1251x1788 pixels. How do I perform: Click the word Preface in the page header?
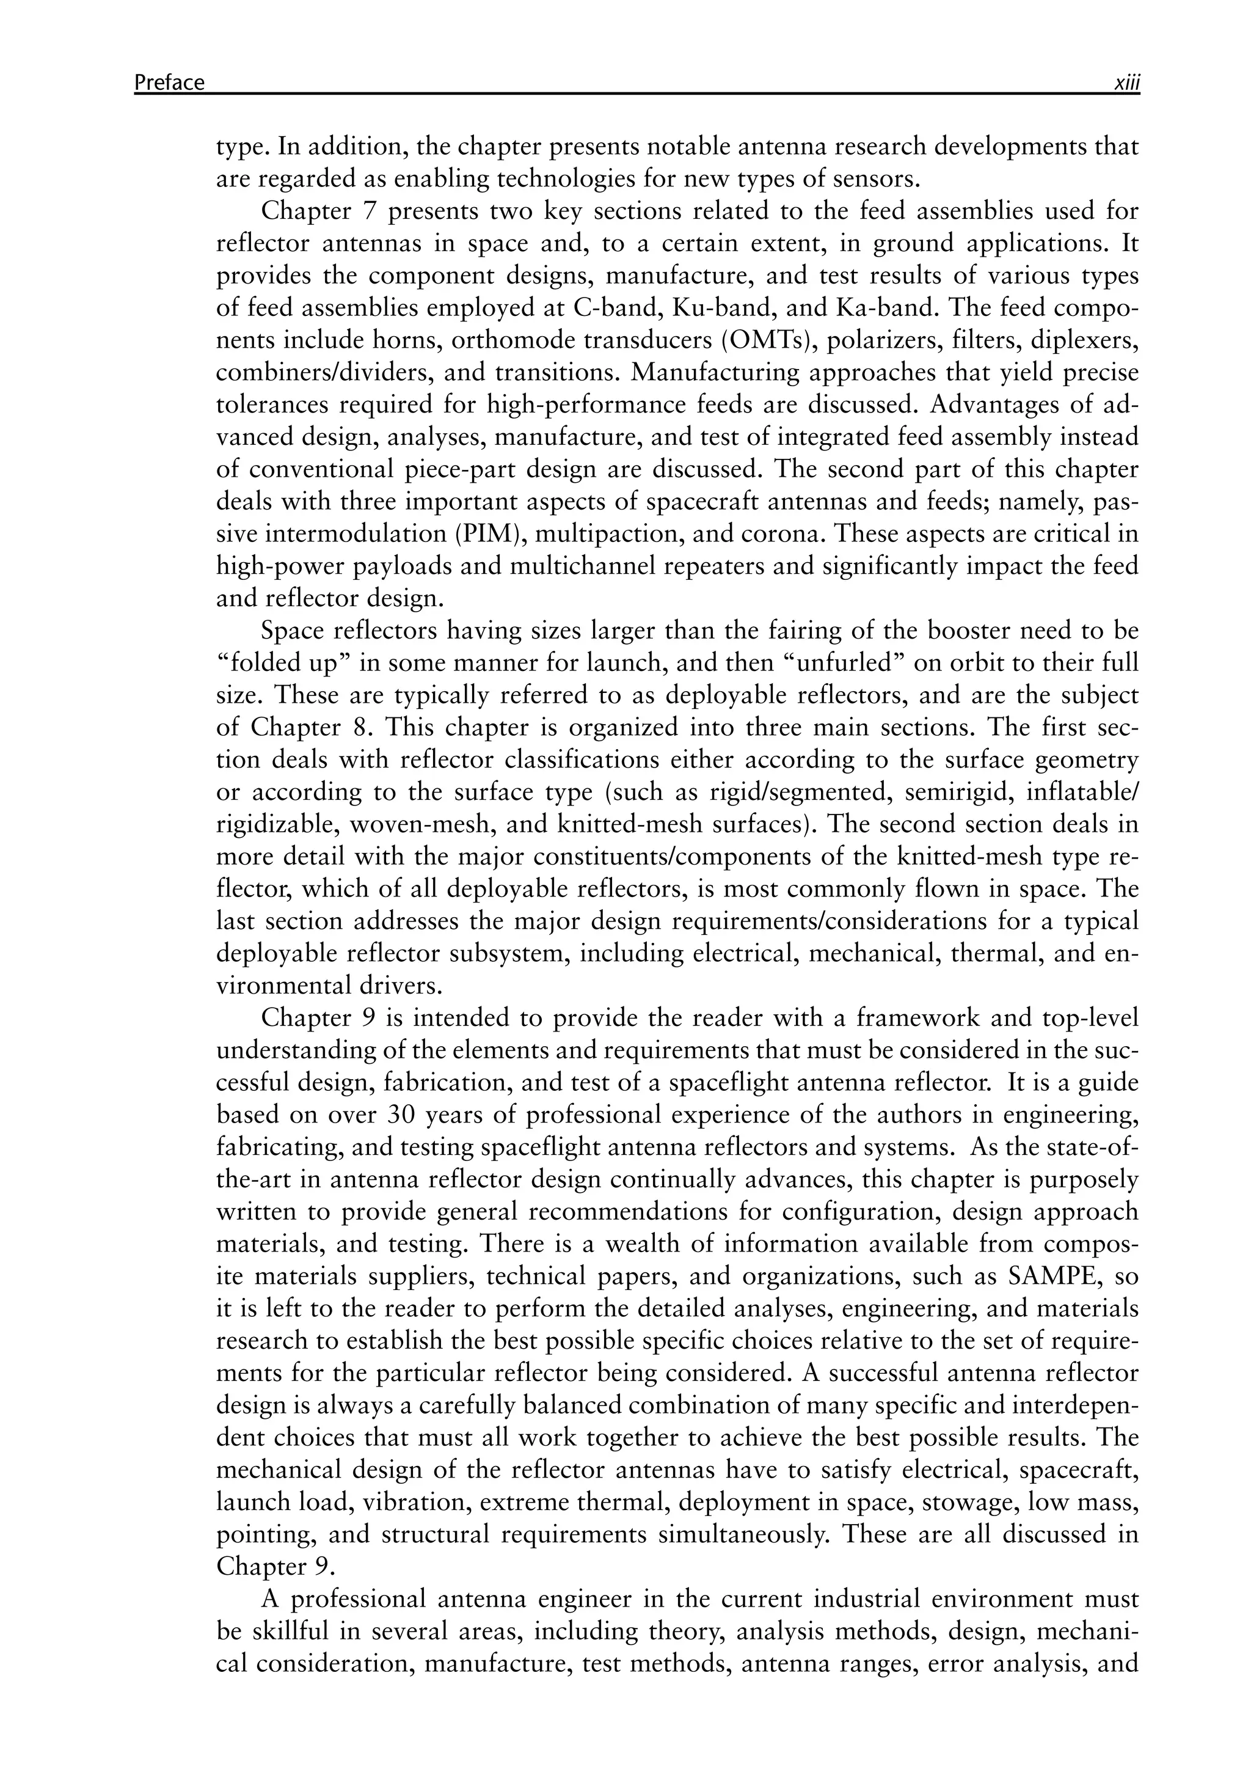tap(169, 82)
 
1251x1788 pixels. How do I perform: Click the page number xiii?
tap(1126, 82)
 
